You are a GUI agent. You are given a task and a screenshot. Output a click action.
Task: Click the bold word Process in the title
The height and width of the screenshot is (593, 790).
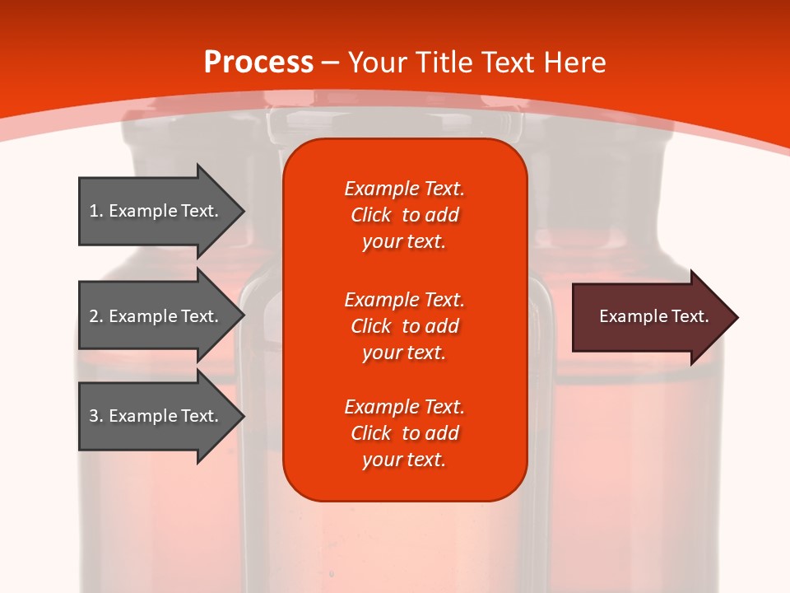[x=258, y=63]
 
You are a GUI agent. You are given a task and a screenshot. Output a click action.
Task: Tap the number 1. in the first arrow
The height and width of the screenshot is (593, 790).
[x=95, y=211]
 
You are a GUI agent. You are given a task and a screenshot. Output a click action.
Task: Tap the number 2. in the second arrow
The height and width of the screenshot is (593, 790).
[x=95, y=316]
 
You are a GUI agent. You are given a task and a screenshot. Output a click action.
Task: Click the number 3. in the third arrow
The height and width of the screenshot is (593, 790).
[x=95, y=416]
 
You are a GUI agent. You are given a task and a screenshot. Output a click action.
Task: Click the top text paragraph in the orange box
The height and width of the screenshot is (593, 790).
[x=404, y=215]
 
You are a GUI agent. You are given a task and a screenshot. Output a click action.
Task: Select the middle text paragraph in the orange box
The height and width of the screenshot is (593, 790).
[x=404, y=326]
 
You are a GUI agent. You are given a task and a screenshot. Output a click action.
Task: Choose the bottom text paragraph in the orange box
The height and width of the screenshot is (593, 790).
[x=404, y=433]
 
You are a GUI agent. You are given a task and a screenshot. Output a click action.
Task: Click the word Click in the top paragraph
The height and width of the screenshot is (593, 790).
[x=370, y=215]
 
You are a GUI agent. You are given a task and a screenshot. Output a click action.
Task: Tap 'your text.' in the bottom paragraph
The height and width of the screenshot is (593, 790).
[x=404, y=460]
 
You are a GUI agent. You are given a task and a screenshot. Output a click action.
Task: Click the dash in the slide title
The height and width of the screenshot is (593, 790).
[x=330, y=63]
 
